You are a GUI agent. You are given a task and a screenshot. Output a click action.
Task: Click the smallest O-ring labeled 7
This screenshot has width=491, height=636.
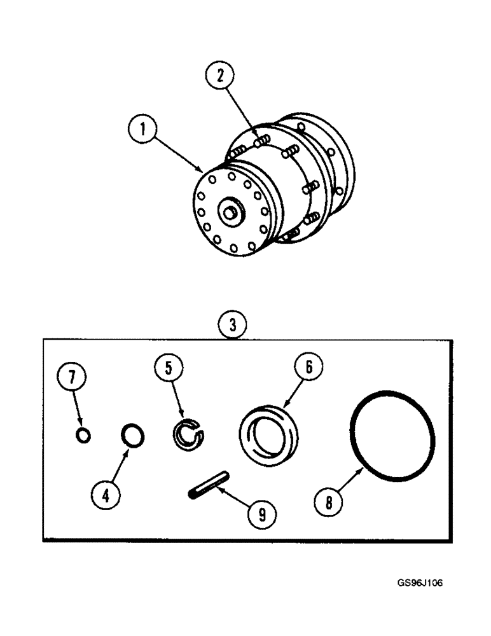click(x=83, y=436)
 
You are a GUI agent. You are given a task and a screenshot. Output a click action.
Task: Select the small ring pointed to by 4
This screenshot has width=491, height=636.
click(x=132, y=437)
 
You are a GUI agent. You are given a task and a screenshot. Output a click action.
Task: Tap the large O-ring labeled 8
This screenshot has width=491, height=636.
click(x=392, y=439)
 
